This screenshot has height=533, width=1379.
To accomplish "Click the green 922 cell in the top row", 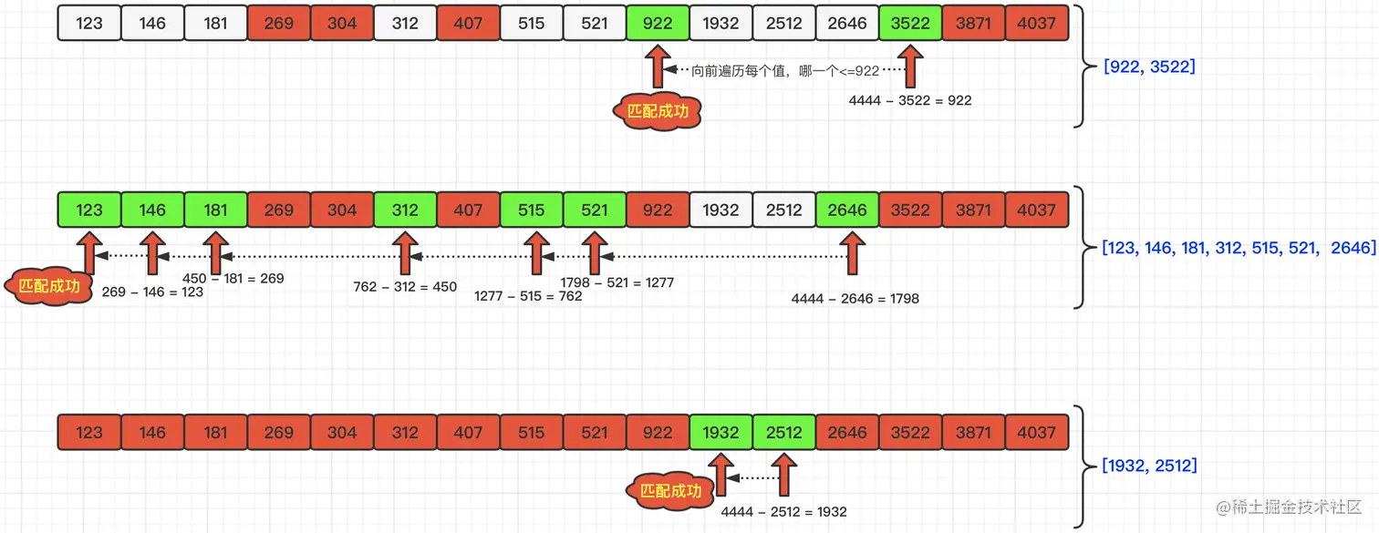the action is (x=657, y=23).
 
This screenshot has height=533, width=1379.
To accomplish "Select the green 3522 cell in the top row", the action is (x=909, y=23).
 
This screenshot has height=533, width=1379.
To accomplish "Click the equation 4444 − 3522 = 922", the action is (x=909, y=100).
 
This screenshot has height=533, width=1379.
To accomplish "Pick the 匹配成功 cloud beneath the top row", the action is (x=657, y=111).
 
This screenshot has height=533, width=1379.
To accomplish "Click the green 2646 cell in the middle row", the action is (x=846, y=210).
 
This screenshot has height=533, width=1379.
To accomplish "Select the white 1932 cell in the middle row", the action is (x=721, y=210).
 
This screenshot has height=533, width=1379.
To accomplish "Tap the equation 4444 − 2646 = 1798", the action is (x=855, y=298).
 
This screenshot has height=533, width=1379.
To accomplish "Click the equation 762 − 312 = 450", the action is (x=405, y=287).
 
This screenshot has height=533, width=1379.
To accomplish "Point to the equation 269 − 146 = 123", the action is (x=152, y=292).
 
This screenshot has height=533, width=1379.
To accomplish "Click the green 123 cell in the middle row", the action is (x=89, y=210).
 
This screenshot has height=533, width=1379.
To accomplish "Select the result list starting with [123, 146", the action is (x=1238, y=247).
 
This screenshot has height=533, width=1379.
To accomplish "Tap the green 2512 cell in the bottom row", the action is (x=783, y=432).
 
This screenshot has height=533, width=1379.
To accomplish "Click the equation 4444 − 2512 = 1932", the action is (x=783, y=511).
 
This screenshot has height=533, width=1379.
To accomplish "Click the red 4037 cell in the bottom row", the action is (x=1036, y=432).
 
